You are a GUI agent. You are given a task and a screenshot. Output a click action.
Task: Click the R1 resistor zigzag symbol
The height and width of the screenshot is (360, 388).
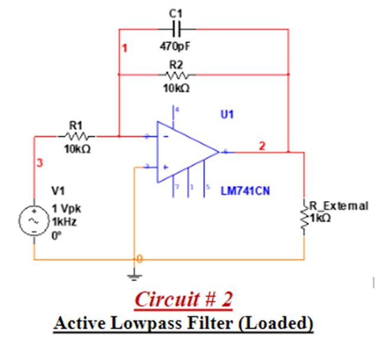click(x=77, y=136)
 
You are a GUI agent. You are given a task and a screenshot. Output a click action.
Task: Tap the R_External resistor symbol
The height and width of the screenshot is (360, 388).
click(x=305, y=219)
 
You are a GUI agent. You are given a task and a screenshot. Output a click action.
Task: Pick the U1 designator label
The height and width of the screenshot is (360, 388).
click(x=227, y=114)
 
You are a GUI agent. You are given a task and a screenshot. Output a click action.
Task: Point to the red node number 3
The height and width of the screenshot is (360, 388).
click(x=39, y=163)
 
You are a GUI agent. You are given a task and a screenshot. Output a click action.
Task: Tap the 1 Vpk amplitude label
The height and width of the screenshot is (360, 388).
click(x=65, y=209)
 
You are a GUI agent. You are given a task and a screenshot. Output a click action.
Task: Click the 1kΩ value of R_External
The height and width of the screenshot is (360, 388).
click(x=320, y=216)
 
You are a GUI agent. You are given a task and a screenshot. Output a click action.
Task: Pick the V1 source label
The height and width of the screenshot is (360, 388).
click(x=58, y=191)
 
